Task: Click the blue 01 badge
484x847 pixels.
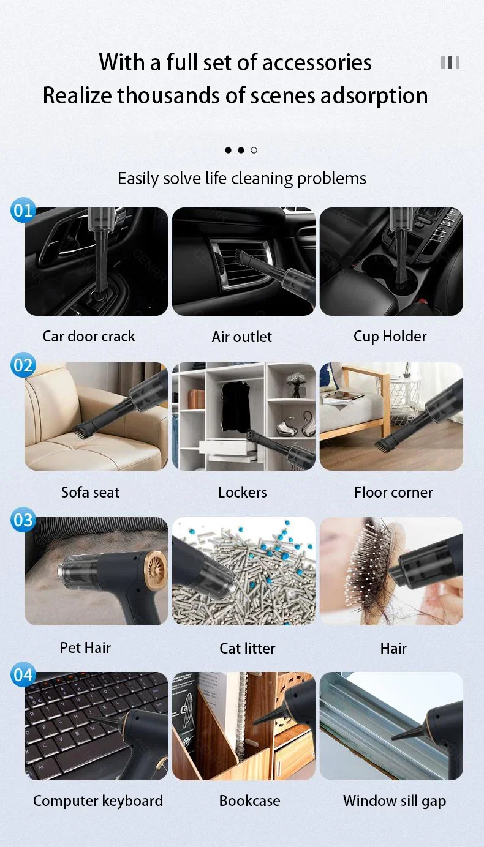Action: [x=23, y=211]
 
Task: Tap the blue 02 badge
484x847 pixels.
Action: [x=23, y=365]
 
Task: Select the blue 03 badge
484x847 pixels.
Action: [x=23, y=520]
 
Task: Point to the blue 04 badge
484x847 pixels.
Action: [x=23, y=675]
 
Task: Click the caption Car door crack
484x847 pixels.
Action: [x=89, y=336]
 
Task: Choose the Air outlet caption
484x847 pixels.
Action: [x=242, y=337]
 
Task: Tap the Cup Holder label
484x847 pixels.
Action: [x=390, y=336]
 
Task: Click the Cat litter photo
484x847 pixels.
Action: [x=244, y=571]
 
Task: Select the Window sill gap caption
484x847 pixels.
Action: [x=395, y=800]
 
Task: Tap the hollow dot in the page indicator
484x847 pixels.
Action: [x=254, y=150]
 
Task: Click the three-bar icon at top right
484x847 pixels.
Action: [x=450, y=62]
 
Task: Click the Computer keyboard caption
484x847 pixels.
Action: [x=98, y=800]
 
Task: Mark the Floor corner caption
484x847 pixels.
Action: [x=393, y=492]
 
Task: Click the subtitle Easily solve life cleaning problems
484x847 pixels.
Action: [x=242, y=178]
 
